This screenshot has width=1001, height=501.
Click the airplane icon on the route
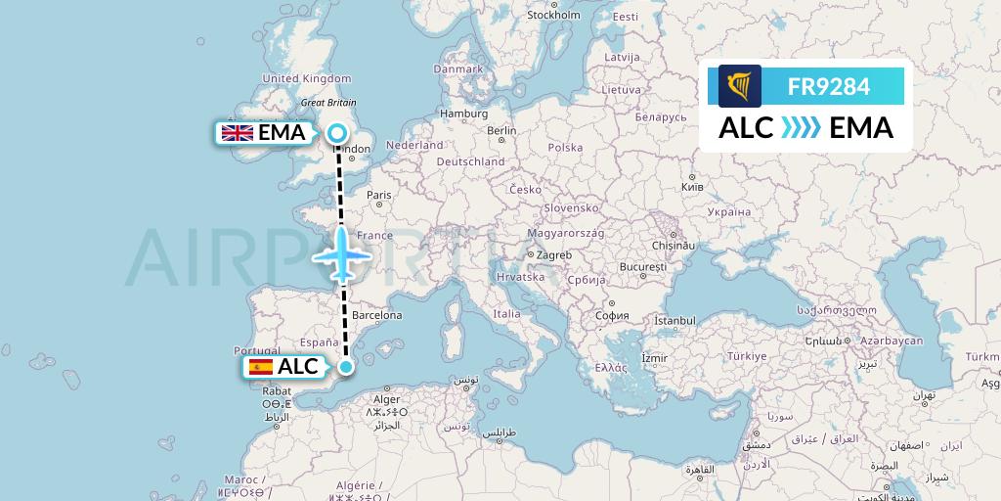pos(343,256)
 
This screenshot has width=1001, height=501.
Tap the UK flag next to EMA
pos(238,133)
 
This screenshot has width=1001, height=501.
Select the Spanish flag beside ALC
pos(261,367)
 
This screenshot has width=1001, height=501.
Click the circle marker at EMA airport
pos(337,133)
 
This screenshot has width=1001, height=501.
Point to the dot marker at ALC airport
pos(346,367)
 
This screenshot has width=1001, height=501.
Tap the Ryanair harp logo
pos(739,86)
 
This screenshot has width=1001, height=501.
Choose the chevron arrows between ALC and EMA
pos(801,128)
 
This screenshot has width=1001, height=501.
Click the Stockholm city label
pos(553,15)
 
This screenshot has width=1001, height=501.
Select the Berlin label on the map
pos(501,130)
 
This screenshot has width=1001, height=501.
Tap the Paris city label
pos(378,195)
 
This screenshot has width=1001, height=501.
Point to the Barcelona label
pos(377,315)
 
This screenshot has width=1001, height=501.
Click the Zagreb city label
pos(553,255)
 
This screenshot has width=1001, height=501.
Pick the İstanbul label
pos(675,321)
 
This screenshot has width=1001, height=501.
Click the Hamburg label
pos(464,113)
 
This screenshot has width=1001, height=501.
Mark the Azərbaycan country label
pos(891,341)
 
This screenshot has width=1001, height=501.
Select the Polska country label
pos(565,148)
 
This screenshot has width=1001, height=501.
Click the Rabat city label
pos(278,389)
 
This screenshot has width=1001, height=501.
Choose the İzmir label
pos(653,359)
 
